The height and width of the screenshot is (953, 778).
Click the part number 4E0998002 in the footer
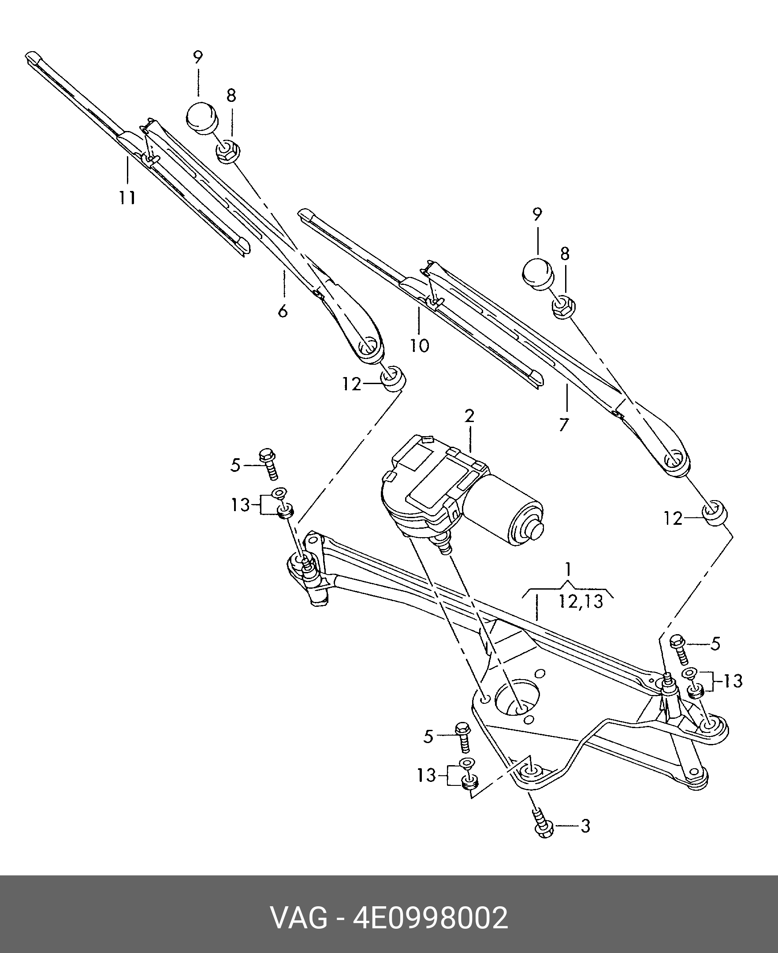tap(431, 919)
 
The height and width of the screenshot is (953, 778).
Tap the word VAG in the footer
tap(299, 919)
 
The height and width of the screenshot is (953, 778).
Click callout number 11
tap(127, 198)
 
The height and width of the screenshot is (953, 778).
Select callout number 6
tap(283, 311)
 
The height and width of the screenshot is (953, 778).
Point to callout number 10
tap(420, 345)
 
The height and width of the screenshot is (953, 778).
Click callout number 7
tap(564, 424)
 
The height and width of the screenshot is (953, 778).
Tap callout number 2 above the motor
tap(469, 416)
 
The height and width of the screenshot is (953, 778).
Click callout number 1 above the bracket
tap(568, 570)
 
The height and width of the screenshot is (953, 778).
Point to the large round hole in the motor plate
tap(518, 706)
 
